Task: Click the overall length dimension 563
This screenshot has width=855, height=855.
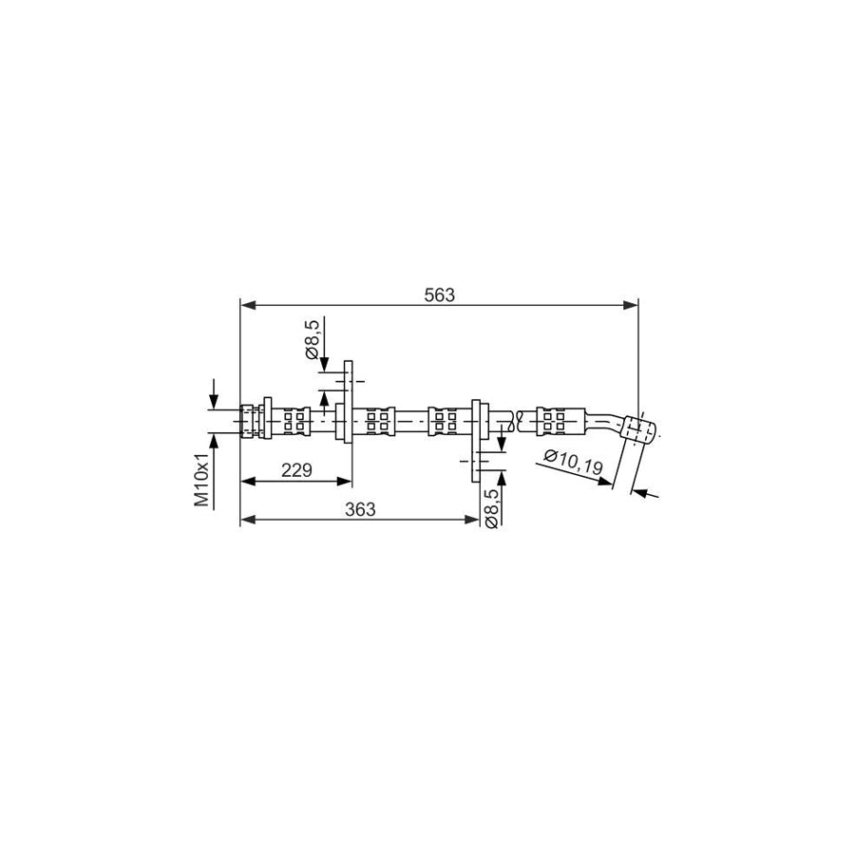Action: coord(439,295)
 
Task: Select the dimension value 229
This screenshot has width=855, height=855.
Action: coord(296,469)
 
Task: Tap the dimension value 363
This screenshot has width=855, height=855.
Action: coord(360,509)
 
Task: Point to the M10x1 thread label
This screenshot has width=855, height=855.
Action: coord(203,480)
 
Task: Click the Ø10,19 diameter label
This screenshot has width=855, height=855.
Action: coord(573,462)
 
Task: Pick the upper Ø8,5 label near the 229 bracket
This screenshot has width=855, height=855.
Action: coord(313,340)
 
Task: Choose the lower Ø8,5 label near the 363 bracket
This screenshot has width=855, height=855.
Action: coord(491,507)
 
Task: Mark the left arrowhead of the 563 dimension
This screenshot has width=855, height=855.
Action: coord(248,305)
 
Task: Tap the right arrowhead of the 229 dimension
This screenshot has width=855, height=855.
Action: coord(345,481)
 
